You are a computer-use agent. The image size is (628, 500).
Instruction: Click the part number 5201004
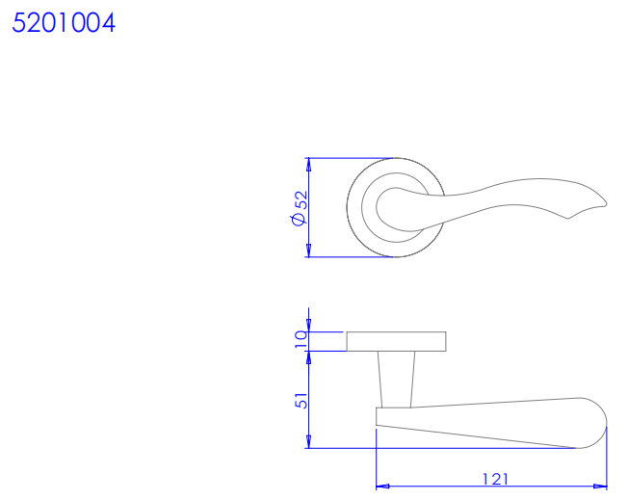64,22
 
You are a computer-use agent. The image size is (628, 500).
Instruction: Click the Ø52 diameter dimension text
300,208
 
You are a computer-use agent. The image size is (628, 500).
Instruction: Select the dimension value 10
301,340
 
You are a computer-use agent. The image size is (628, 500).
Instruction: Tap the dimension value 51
301,401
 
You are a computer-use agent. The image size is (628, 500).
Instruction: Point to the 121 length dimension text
495,479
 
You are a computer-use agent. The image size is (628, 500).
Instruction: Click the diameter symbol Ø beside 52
299,219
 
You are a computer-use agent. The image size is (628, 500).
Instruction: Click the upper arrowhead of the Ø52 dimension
308,165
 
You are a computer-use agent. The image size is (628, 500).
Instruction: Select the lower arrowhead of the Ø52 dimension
308,250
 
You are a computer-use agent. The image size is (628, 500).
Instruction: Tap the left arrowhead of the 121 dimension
383,487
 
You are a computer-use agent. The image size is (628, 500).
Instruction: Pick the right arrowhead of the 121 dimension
600,487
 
